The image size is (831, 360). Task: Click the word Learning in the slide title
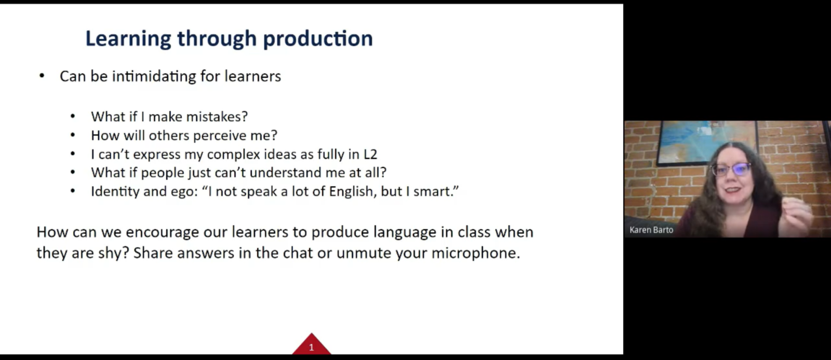pos(128,39)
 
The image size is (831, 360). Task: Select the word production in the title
pos(318,39)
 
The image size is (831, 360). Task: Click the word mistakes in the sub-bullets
pos(217,116)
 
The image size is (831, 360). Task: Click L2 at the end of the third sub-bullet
pos(370,154)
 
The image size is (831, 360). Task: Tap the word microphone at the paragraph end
pos(476,254)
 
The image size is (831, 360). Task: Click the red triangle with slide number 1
pos(311,345)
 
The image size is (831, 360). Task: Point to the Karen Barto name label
pos(651,230)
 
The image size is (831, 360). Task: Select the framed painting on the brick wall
pos(707,142)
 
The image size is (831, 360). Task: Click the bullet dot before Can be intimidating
pos(42,76)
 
